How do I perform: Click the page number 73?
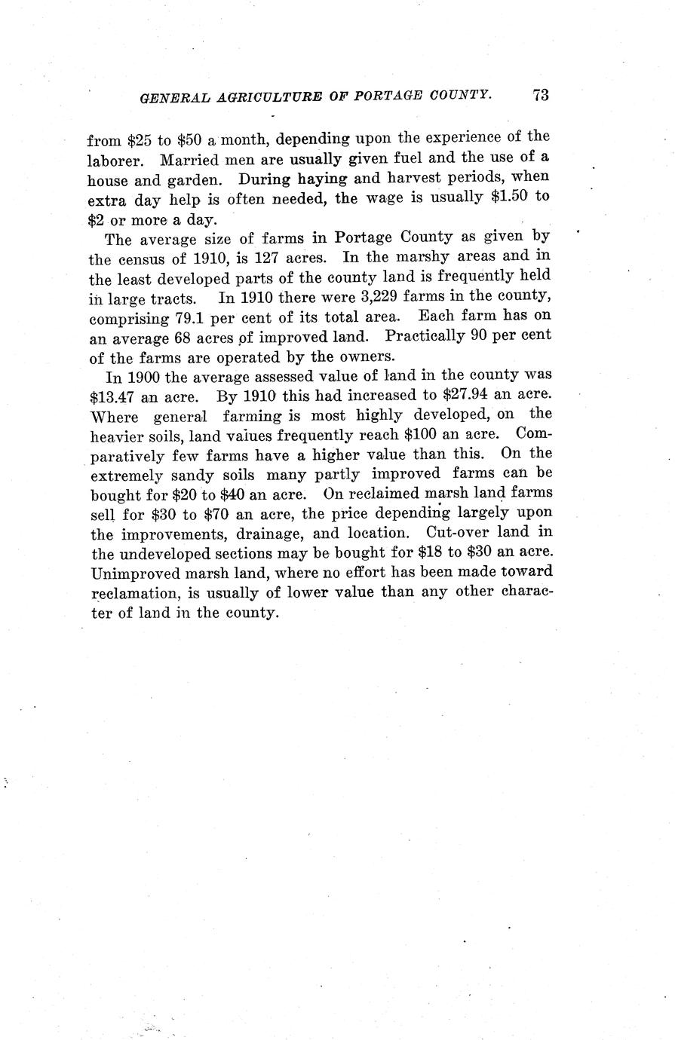click(540, 95)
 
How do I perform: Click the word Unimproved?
click(131, 572)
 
